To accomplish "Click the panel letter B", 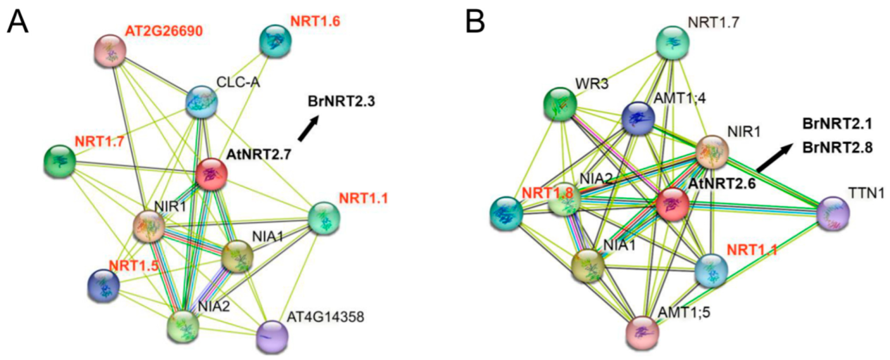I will (475, 21).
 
